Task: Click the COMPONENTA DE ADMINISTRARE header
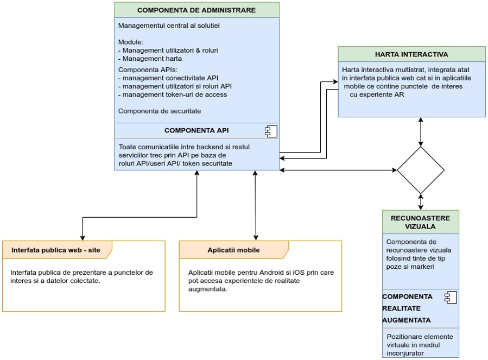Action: [197, 10]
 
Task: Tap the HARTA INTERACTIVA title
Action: [411, 54]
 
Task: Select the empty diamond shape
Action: [421, 170]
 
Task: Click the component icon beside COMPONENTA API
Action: [271, 131]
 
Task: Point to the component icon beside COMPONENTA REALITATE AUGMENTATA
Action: [451, 298]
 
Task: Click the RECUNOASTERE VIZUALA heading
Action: [421, 222]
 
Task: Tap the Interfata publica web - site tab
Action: [56, 250]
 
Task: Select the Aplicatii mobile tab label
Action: [233, 250]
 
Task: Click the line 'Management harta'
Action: [150, 59]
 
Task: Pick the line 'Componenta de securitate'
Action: [160, 111]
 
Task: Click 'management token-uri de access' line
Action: [173, 94]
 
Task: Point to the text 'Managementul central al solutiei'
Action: [169, 26]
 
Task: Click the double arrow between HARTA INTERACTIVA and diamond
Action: [421, 132]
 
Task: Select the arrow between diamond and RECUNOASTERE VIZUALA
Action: [421, 202]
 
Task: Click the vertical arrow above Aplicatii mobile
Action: [256, 206]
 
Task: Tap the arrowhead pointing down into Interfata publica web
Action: [83, 238]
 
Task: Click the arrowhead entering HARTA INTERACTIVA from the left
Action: [335, 82]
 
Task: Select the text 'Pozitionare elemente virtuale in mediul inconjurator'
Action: [420, 345]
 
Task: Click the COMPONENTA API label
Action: [197, 130]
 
